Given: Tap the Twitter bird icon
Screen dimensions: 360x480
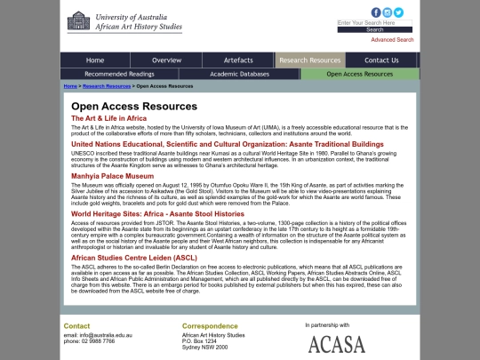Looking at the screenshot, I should (x=399, y=12).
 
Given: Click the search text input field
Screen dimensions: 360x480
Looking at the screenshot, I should (x=374, y=23).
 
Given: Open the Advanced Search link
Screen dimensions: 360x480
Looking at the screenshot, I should (x=392, y=40).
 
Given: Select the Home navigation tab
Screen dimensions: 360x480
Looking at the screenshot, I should (x=95, y=60).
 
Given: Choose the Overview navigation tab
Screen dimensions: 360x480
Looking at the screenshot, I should (x=166, y=60).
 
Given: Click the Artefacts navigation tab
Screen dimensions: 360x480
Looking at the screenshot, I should (x=238, y=60).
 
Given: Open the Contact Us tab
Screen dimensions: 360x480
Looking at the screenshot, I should (x=381, y=60).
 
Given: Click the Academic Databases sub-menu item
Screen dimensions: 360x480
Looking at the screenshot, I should (x=241, y=74).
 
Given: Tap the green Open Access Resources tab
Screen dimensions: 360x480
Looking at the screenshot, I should (x=359, y=74).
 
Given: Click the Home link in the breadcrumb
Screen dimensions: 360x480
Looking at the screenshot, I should (x=69, y=86).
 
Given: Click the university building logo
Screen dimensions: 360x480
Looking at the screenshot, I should (x=78, y=21).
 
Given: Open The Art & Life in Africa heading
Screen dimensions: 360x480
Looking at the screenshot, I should (x=108, y=118).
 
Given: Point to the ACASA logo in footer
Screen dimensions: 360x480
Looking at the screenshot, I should (x=336, y=343).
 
